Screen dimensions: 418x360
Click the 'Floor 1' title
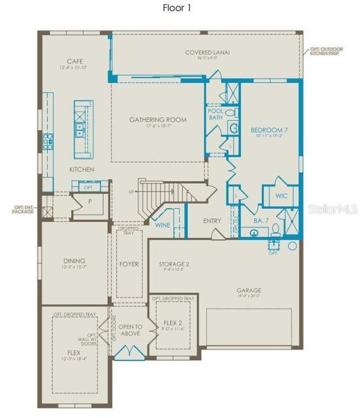tap(180, 8)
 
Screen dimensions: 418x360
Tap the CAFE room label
tap(75, 61)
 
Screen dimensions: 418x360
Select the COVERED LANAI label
tap(208, 52)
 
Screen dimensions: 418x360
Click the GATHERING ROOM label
tap(158, 120)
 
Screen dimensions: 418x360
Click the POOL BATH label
tap(215, 114)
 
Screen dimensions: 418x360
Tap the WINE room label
tap(163, 225)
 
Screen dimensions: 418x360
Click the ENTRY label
tap(212, 221)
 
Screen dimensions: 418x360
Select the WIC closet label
tap(281, 195)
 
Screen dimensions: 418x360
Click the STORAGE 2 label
tap(174, 264)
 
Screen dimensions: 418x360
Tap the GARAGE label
tap(248, 290)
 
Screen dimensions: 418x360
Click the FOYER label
tap(130, 265)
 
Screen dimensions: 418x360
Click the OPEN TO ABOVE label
tap(130, 330)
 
